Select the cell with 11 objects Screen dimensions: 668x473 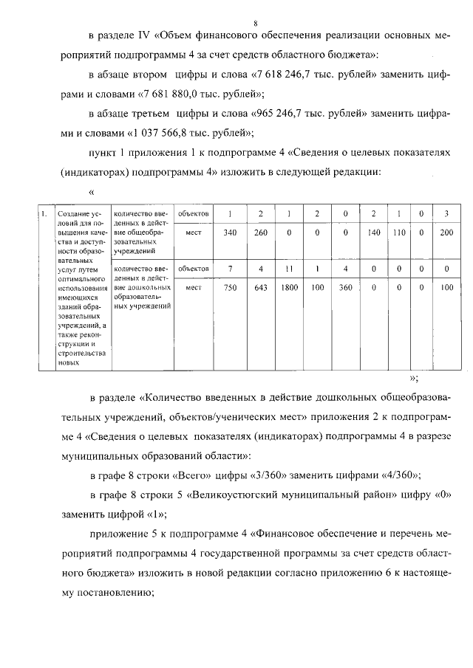pyautogui.click(x=289, y=269)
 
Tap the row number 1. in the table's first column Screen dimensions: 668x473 pyautogui.click(x=45, y=214)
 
